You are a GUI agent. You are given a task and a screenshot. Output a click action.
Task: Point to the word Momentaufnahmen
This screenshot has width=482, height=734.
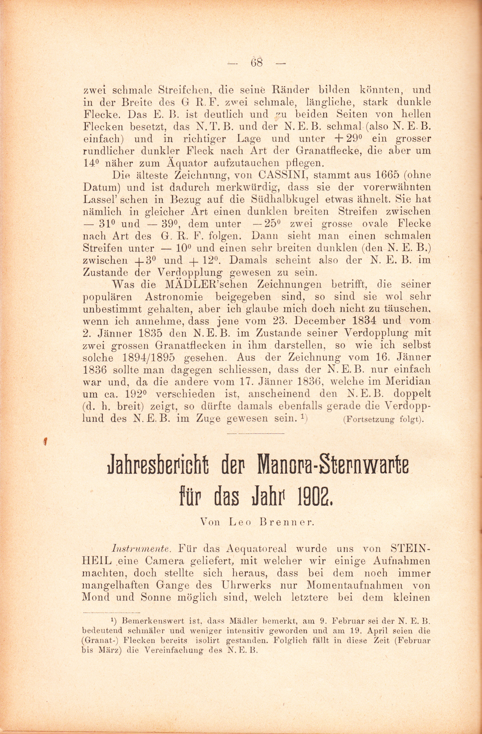[x=354, y=586]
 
